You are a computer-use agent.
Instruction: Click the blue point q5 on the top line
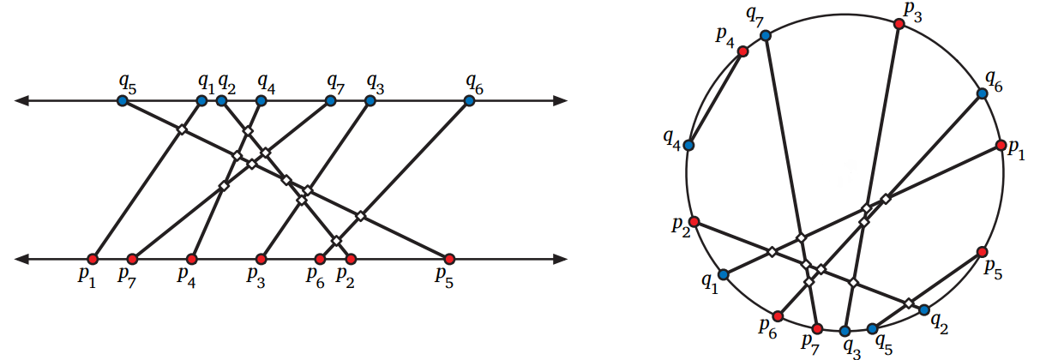pyautogui.click(x=122, y=100)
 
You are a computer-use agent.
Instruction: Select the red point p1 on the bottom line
pyautogui.click(x=93, y=258)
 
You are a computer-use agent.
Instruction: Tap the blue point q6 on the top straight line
pyautogui.click(x=469, y=100)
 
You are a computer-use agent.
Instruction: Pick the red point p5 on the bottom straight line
pyautogui.click(x=448, y=258)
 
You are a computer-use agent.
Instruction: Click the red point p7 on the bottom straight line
pyautogui.click(x=132, y=258)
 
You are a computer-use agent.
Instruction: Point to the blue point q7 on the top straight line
pyautogui.click(x=330, y=100)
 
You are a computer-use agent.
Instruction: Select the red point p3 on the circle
pyautogui.click(x=899, y=24)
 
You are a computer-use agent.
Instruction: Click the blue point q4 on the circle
pyautogui.click(x=688, y=145)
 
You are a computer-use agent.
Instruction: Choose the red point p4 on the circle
pyautogui.click(x=742, y=51)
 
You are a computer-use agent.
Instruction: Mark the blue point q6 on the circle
pyautogui.click(x=983, y=94)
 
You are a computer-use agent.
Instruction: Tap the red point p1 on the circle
pyautogui.click(x=1000, y=146)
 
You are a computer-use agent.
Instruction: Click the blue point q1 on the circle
pyautogui.click(x=723, y=274)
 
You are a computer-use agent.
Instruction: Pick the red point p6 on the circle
pyautogui.click(x=778, y=316)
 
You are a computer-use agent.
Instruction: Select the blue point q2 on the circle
pyautogui.click(x=923, y=309)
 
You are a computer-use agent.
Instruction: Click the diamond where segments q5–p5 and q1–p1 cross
pyautogui.click(x=181, y=129)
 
